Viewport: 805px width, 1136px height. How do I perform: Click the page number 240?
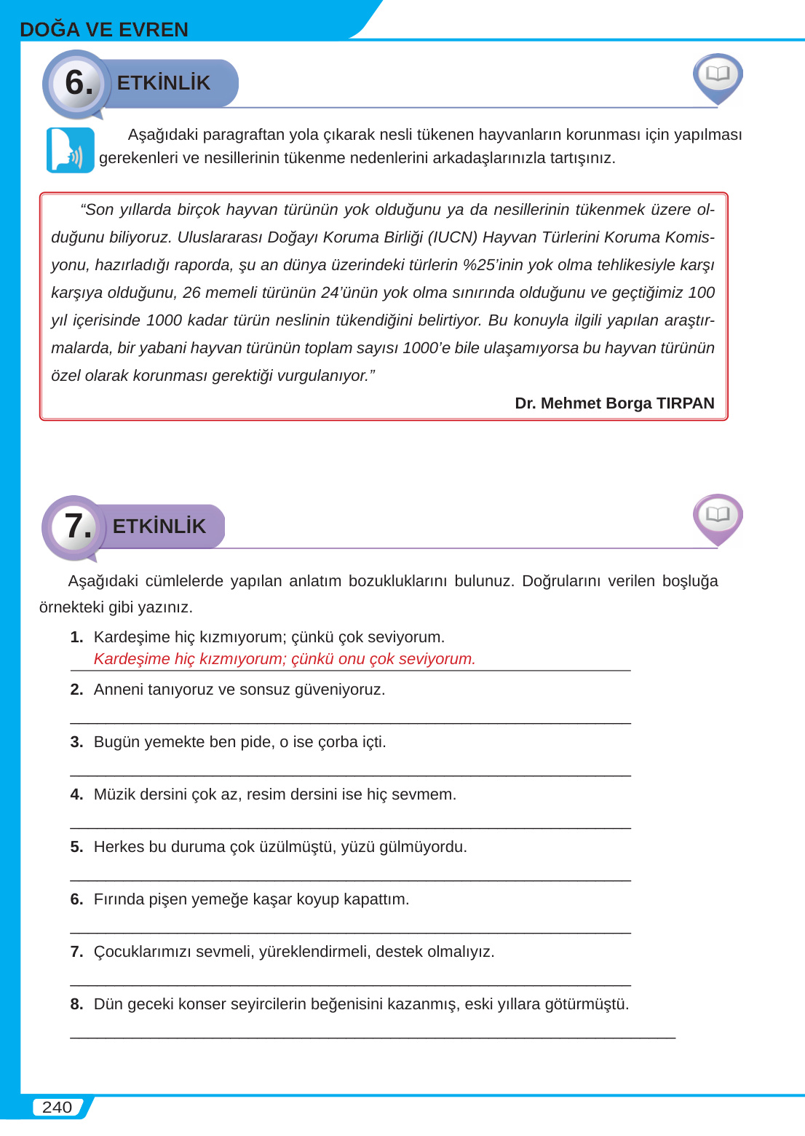point(57,1107)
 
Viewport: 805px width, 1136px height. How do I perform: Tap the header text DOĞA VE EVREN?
point(104,30)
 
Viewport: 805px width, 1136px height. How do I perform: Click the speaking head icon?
point(71,151)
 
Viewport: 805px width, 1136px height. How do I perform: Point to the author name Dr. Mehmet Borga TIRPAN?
point(614,403)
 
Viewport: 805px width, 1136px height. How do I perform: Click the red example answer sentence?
point(284,659)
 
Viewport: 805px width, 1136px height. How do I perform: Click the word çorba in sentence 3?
point(338,742)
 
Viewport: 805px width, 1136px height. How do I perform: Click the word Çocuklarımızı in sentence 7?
point(143,952)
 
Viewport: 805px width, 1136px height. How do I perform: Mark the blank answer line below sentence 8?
point(373,1036)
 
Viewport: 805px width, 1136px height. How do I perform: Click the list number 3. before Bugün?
point(76,742)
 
